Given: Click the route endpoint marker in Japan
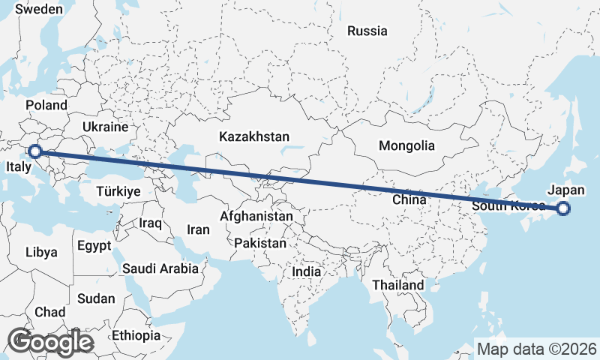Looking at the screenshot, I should (x=563, y=209).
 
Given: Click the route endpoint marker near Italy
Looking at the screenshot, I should (x=34, y=151).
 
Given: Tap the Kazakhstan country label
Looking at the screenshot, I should (x=254, y=136).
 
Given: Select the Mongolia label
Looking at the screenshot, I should (x=407, y=145).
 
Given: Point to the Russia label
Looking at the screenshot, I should (x=367, y=31).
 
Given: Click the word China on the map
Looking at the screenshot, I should (x=409, y=200).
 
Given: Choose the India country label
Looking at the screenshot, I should (x=306, y=272).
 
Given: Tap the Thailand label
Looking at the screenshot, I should (x=397, y=285).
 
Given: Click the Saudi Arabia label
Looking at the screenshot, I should (x=160, y=268).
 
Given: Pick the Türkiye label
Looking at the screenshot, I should (x=118, y=192).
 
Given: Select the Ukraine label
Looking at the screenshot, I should (x=105, y=127).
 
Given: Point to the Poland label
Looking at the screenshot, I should (x=46, y=105).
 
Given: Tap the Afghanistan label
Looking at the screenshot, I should (x=256, y=216).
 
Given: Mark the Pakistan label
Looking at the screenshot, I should (x=260, y=244).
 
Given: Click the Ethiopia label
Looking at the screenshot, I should (x=136, y=335).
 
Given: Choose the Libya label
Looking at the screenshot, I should (x=40, y=252).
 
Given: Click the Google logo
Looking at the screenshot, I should (x=50, y=342).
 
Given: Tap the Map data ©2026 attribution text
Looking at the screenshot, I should (x=537, y=349).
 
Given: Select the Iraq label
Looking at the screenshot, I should (x=151, y=223).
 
